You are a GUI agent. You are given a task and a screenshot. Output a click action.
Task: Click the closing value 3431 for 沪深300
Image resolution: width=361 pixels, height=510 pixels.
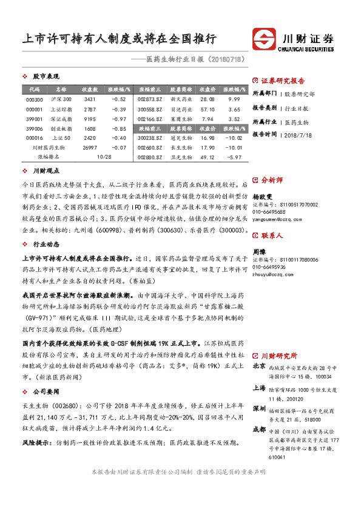click(x=90, y=99)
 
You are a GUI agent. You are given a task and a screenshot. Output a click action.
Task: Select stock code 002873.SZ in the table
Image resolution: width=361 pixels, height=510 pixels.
click(x=149, y=99)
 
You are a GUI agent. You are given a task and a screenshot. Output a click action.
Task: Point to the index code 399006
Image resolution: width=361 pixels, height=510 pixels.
click(x=34, y=128)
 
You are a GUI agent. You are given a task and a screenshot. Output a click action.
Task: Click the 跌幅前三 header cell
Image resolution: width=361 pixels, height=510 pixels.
click(x=149, y=128)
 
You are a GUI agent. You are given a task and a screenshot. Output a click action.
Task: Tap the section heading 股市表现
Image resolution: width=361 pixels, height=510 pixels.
click(x=46, y=77)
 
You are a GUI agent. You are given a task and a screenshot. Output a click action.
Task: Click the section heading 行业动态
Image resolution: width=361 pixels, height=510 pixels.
click(x=46, y=244)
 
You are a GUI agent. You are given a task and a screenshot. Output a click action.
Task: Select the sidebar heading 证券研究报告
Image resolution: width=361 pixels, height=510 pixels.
click(x=283, y=81)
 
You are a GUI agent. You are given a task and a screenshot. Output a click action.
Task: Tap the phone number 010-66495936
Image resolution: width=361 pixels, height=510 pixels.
click(x=269, y=267)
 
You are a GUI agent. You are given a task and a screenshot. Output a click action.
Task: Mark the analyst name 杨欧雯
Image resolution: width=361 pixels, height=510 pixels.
click(x=261, y=197)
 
